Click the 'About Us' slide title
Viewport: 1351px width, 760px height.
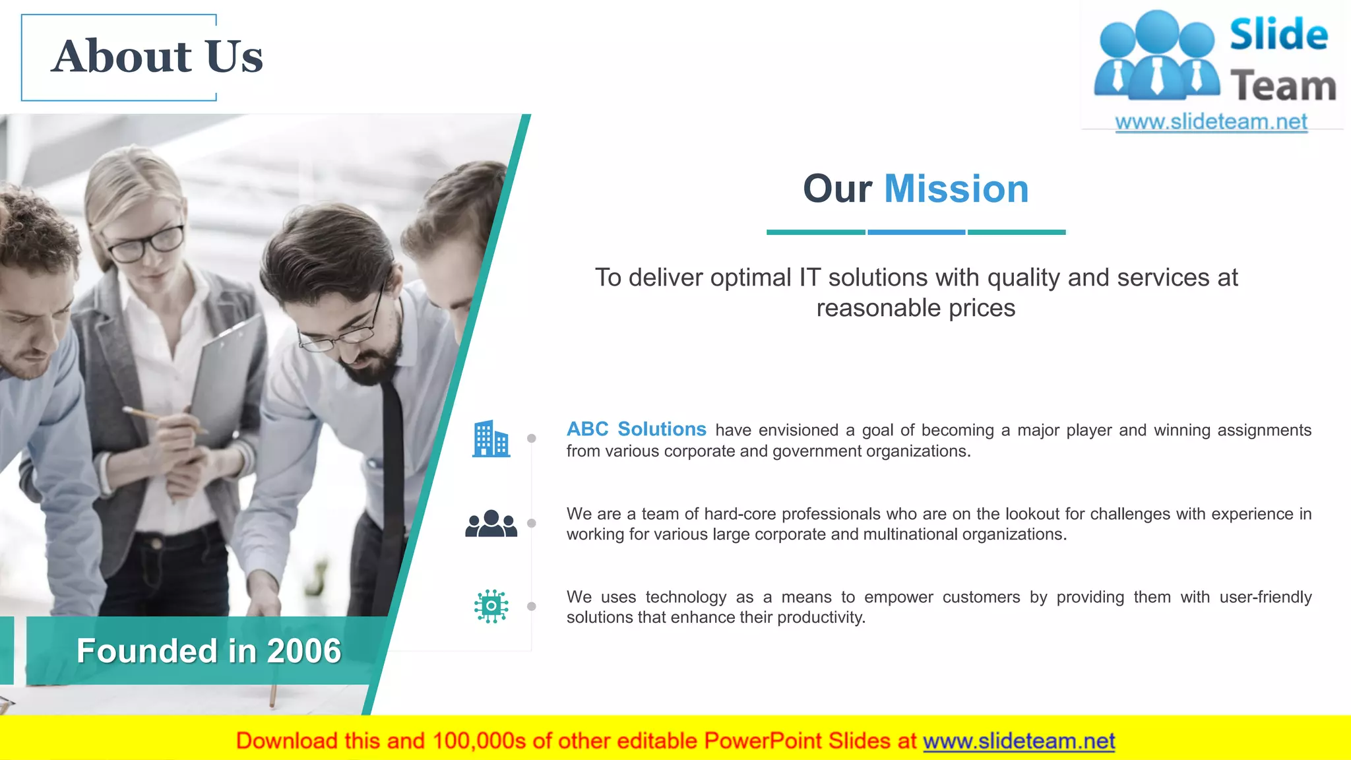pyautogui.click(x=157, y=57)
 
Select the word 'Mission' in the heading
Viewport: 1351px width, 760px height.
pyautogui.click(x=956, y=189)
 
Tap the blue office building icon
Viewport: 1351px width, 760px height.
pyautogui.click(x=491, y=439)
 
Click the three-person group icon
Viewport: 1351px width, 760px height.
pyautogui.click(x=491, y=524)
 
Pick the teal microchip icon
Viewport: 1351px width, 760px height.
pyautogui.click(x=491, y=606)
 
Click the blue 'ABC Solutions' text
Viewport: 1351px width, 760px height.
pyautogui.click(x=636, y=429)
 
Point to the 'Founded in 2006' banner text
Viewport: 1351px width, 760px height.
pyautogui.click(x=208, y=651)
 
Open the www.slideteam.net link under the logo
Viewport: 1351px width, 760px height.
pyautogui.click(x=1210, y=122)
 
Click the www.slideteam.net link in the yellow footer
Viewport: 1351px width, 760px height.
pyautogui.click(x=1019, y=742)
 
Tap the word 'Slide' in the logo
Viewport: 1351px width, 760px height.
pyautogui.click(x=1278, y=35)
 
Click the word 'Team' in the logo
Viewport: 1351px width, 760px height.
pyautogui.click(x=1283, y=86)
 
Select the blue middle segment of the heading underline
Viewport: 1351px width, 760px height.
pyautogui.click(x=916, y=232)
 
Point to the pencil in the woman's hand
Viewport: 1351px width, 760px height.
pyautogui.click(x=158, y=418)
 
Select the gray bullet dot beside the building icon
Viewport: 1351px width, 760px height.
pyautogui.click(x=532, y=439)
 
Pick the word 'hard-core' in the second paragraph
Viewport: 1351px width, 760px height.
pyautogui.click(x=741, y=514)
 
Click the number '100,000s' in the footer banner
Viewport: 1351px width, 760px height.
pyautogui.click(x=479, y=742)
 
